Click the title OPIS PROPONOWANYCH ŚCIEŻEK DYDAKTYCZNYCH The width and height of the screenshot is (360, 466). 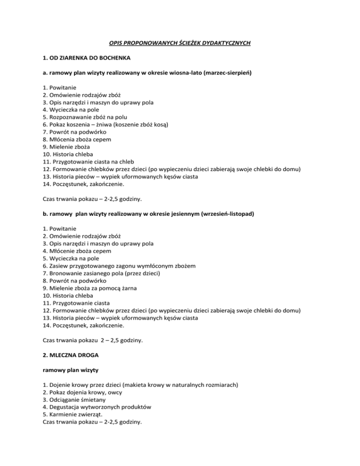180,43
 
